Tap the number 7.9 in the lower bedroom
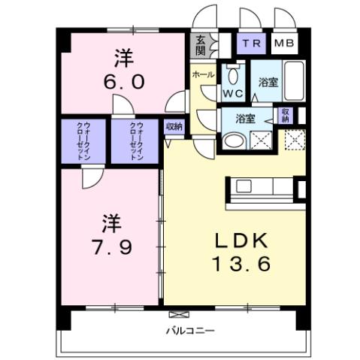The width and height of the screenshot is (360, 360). click(111, 246)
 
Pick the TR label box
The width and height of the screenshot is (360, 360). click(252, 43)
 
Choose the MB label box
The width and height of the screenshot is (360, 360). click(284, 43)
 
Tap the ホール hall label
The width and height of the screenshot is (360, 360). click(201, 75)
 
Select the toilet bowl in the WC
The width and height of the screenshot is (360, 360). click(231, 75)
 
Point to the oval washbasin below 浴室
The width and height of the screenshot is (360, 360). click(234, 139)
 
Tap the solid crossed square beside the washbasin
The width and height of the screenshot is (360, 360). click(262, 139)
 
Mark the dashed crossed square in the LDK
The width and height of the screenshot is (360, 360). click(293, 139)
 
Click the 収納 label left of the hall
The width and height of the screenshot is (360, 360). click(174, 127)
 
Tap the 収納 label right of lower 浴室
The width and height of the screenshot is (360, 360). click(285, 115)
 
